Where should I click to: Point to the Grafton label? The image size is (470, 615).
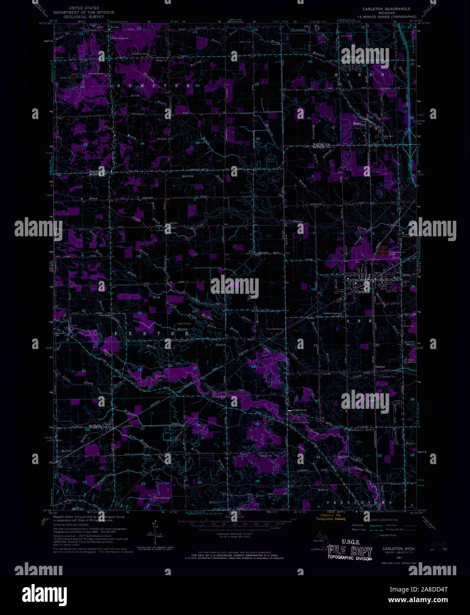381,367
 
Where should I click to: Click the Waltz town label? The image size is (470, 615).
357,124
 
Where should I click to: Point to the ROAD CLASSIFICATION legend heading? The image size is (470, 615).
384,520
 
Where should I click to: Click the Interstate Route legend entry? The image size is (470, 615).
389,535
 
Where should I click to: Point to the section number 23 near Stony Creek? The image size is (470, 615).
195,368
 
